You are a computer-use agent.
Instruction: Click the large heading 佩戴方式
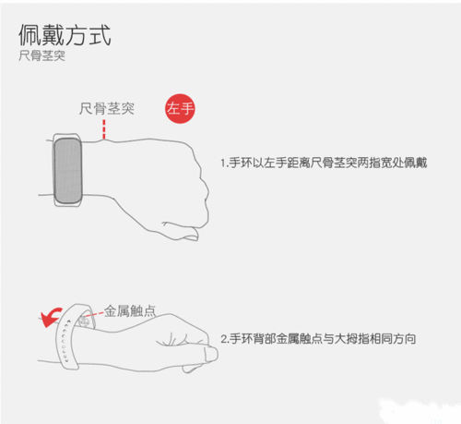pyautogui.click(x=65, y=35)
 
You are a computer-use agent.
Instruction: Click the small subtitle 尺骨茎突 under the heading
pyautogui.click(x=42, y=57)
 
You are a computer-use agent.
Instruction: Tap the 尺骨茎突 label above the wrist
pyautogui.click(x=106, y=108)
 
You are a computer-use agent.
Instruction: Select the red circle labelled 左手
pyautogui.click(x=179, y=109)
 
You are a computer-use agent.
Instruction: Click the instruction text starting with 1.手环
pyautogui.click(x=311, y=163)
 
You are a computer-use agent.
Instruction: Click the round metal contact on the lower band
pyautogui.click(x=89, y=323)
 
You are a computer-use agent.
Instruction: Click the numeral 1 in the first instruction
pyautogui.click(x=222, y=163)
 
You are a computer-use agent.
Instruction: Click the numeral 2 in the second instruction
pyautogui.click(x=223, y=339)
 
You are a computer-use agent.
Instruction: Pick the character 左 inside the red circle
pyautogui.click(x=172, y=109)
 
